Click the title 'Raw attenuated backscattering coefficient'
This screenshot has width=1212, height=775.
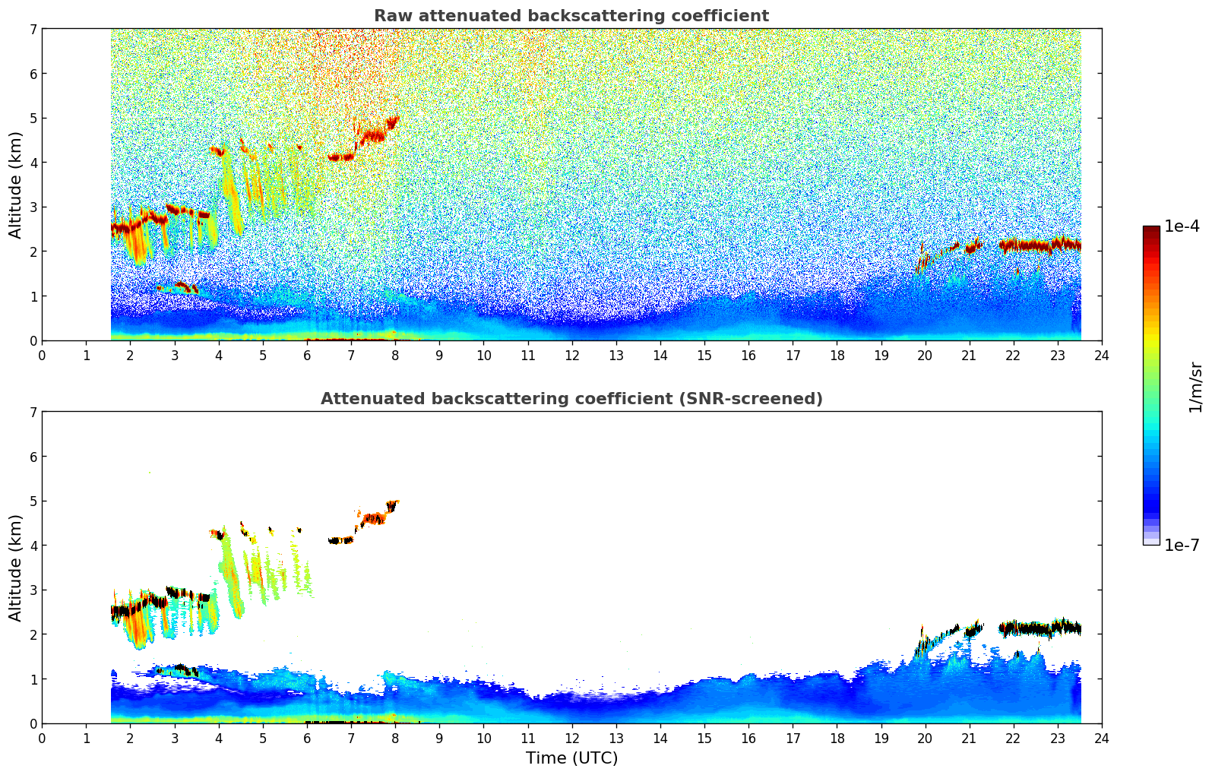click(571, 16)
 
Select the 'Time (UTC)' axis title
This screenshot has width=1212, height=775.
click(571, 758)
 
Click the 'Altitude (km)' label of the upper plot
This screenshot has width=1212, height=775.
click(16, 185)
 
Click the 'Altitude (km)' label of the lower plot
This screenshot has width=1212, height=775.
click(16, 568)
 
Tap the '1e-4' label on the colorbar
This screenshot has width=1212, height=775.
click(1182, 226)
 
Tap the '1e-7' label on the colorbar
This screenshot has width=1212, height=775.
click(1182, 545)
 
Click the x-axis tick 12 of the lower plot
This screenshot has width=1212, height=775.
click(571, 738)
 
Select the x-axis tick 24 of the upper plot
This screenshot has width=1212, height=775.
click(1101, 355)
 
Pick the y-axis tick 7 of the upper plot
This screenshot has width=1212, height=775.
click(33, 30)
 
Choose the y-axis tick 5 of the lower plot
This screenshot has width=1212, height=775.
click(33, 501)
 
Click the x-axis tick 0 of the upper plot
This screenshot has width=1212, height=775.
click(42, 355)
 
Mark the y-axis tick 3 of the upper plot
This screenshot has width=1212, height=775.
click(33, 207)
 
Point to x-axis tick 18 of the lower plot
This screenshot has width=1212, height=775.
click(837, 738)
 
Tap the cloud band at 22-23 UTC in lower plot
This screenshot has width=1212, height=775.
click(1041, 628)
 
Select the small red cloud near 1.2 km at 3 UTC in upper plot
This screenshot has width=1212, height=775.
click(183, 286)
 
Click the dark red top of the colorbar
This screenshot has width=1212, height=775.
click(1150, 229)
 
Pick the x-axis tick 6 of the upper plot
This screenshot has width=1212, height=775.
click(307, 355)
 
